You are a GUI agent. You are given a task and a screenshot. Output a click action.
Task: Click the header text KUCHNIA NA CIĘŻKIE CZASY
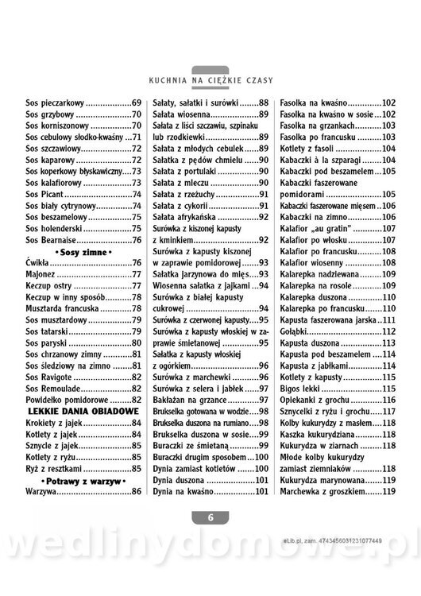[x=210, y=79]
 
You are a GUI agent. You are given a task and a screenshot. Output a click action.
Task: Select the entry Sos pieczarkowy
[x=56, y=103]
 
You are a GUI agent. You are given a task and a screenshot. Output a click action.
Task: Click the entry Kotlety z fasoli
[x=308, y=149]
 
